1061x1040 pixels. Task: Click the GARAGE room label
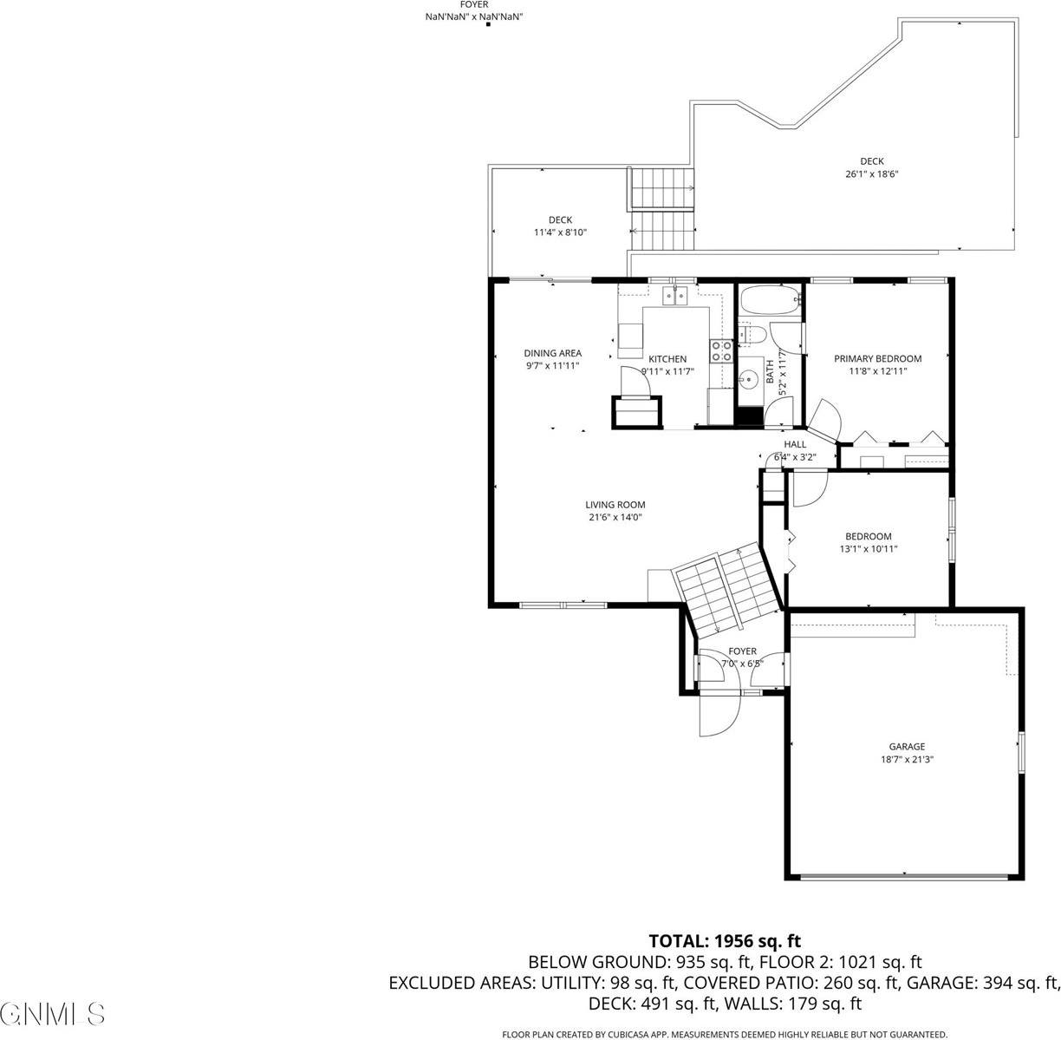point(906,746)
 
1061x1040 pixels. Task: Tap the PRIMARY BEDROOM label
point(877,358)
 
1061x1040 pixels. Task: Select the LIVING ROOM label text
point(615,505)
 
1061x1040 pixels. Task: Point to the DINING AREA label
point(552,353)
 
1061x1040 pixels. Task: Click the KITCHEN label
point(667,359)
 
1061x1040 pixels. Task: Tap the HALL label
point(795,444)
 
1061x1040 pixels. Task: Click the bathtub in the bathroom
point(770,302)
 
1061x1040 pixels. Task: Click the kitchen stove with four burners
point(720,350)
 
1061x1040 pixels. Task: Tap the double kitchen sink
point(674,296)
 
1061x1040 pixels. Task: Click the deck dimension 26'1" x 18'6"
point(871,173)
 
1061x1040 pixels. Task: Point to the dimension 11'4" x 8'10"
point(560,232)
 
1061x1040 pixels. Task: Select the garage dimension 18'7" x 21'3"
point(906,758)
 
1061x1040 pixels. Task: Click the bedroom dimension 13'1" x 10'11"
point(868,548)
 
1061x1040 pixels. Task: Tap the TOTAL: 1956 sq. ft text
point(725,941)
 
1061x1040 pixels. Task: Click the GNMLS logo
point(53,1012)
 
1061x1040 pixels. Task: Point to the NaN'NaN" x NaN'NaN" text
point(473,16)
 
